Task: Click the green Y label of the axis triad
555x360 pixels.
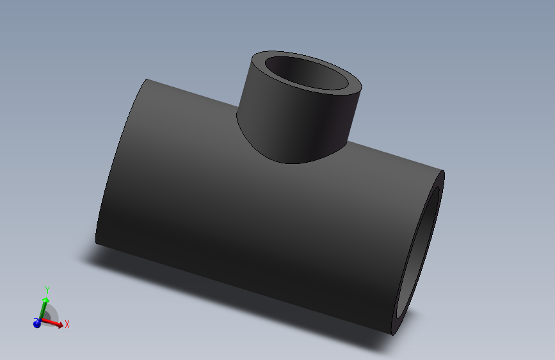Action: coord(47,291)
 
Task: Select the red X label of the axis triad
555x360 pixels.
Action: coord(67,325)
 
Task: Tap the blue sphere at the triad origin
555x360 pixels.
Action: coord(37,323)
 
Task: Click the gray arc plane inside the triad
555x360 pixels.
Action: coord(51,315)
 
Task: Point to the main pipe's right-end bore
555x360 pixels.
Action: coord(419,256)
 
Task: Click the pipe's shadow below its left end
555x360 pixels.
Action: coord(102,256)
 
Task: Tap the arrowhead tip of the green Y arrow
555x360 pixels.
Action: coord(45,299)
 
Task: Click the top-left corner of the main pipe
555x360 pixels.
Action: coord(148,80)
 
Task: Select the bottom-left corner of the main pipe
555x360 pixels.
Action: coord(97,243)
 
